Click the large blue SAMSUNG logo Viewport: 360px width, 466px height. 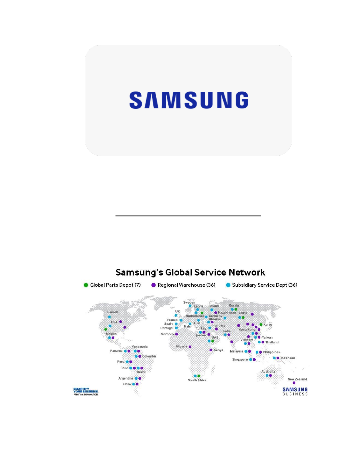point(189,100)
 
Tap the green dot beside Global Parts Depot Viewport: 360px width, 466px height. point(86,285)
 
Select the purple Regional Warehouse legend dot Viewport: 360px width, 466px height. point(153,285)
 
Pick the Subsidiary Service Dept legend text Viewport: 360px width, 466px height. point(264,285)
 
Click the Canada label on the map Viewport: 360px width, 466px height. point(113,312)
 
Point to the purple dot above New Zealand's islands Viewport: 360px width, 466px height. point(294,383)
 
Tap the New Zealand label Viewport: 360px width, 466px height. point(297,379)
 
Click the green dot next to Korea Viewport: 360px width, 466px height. point(261,325)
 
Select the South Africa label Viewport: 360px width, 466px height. point(197,380)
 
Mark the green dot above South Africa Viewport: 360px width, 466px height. point(199,376)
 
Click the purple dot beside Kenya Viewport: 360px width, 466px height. point(211,350)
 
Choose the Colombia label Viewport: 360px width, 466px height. point(149,356)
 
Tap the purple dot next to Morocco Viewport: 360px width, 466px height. point(177,334)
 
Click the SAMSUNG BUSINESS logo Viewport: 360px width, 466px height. point(295,391)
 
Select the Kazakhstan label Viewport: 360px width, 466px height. point(227,313)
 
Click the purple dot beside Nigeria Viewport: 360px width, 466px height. point(190,347)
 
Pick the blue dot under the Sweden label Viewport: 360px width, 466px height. point(190,306)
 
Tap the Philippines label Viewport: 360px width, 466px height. point(271,352)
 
